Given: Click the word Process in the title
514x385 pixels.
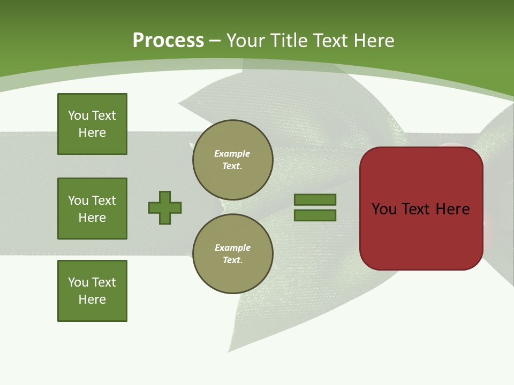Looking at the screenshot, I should [x=168, y=41].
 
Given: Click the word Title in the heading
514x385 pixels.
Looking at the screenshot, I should [x=287, y=41].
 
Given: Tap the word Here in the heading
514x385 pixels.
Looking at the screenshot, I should [x=373, y=41].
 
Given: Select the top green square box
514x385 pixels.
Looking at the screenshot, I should [x=92, y=124].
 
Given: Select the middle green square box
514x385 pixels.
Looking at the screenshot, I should [x=92, y=209].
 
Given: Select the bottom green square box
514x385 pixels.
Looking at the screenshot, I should [x=92, y=291].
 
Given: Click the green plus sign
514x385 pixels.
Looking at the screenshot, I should [x=165, y=207].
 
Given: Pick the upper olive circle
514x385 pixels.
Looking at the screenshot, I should [x=232, y=160].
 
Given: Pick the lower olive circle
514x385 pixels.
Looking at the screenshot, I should [x=232, y=254].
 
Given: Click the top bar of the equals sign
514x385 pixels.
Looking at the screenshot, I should [x=315, y=199].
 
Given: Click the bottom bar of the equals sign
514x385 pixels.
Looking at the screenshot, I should [x=315, y=215].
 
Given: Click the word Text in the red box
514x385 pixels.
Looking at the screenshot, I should [x=420, y=209].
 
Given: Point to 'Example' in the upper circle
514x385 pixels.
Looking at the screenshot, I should [x=232, y=153].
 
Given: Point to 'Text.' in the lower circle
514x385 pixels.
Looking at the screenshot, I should [x=232, y=260].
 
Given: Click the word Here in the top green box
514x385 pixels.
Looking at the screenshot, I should [x=92, y=133].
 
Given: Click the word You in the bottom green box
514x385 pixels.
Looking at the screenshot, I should [x=78, y=282].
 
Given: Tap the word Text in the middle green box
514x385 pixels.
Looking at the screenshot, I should [x=103, y=201].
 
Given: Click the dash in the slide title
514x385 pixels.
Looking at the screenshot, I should [x=215, y=41].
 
